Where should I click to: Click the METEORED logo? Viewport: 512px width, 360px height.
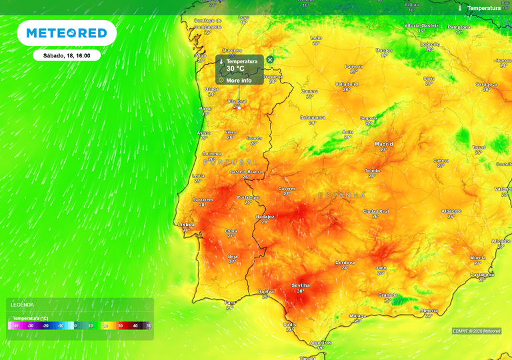point(67,33)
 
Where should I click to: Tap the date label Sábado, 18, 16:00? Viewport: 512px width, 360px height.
point(67,55)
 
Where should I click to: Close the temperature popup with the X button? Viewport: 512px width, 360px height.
point(270,59)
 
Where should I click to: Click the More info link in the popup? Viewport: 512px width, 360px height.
point(239,81)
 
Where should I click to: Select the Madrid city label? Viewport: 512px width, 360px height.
point(383,144)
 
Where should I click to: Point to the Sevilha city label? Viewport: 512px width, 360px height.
point(301,285)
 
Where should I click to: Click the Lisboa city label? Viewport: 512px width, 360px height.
point(187,225)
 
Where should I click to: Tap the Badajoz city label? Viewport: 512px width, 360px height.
point(265,217)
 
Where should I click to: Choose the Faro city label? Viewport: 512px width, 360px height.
point(230,302)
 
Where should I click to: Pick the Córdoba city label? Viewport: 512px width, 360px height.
point(345,262)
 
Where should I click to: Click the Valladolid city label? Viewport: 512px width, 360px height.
point(347,84)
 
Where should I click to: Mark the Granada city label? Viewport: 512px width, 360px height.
point(388,294)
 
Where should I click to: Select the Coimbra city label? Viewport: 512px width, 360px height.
point(212,154)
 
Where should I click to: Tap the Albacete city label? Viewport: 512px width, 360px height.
point(451,211)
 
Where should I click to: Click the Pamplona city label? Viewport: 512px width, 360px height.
point(459,27)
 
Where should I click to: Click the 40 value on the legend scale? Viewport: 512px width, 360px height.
point(135,325)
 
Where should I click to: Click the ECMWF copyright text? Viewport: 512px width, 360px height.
point(476,331)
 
